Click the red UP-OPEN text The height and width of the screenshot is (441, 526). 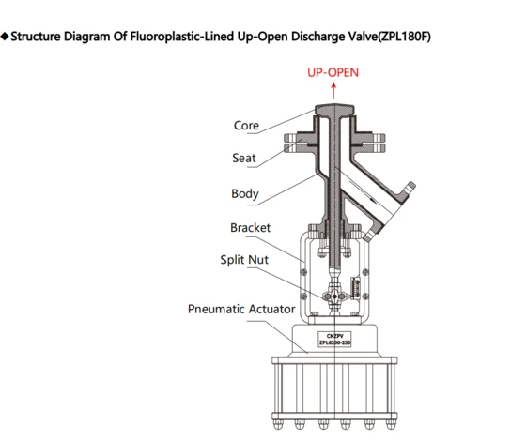333,73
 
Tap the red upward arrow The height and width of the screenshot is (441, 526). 333,90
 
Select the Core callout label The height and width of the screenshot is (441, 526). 246,126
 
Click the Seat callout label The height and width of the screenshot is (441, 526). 244,158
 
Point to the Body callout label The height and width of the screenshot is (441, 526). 245,193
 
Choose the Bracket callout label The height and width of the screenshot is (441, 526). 250,228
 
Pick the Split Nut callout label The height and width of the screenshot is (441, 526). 244,260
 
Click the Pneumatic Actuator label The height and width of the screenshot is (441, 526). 241,309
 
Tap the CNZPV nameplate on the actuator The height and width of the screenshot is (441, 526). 334,339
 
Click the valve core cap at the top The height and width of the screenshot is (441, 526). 334,109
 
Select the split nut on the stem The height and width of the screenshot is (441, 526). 334,297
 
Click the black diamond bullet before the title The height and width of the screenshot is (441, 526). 5,37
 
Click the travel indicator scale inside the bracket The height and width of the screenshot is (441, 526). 356,288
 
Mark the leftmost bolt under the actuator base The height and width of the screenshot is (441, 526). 277,424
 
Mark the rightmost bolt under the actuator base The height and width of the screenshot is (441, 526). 391,424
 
